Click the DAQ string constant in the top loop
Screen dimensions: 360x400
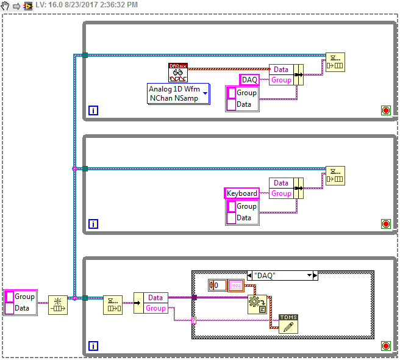point(249,80)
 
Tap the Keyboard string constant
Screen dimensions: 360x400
point(242,193)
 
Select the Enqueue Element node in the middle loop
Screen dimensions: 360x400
point(335,175)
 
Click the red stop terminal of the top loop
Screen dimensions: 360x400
point(385,110)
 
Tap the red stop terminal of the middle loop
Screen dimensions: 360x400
point(385,224)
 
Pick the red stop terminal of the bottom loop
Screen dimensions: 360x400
point(385,346)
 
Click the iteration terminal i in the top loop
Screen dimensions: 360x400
point(93,110)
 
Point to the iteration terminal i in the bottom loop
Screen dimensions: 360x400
point(93,346)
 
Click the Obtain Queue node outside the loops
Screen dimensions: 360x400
point(58,304)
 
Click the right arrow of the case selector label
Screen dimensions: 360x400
point(315,276)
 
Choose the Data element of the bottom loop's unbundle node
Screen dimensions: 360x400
point(155,297)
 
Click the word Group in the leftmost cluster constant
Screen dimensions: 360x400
point(24,297)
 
